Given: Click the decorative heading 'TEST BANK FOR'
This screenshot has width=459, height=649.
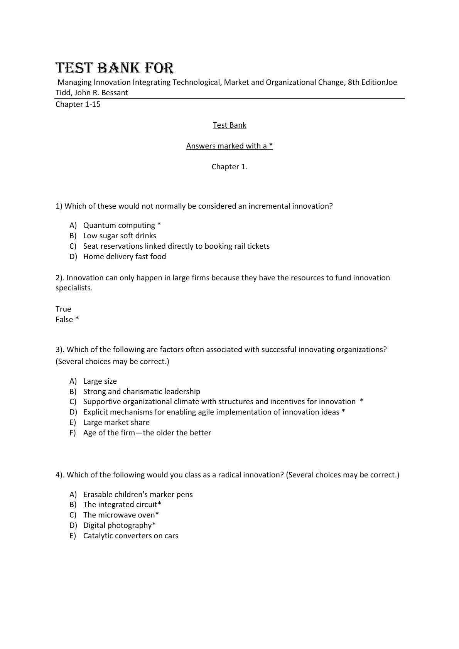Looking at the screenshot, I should pyautogui.click(x=115, y=68).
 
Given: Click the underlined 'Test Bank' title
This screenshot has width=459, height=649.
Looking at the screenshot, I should pyautogui.click(x=229, y=125).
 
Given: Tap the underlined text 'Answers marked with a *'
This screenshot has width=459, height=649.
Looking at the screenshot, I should pyautogui.click(x=229, y=146).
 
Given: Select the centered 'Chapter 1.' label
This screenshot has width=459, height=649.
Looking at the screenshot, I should pyautogui.click(x=229, y=167).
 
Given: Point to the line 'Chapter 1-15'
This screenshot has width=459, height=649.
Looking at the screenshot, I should pyautogui.click(x=78, y=104).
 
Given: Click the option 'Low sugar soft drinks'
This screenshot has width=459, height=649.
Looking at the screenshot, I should pyautogui.click(x=120, y=236).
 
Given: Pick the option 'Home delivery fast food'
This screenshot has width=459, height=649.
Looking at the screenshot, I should pyautogui.click(x=125, y=256).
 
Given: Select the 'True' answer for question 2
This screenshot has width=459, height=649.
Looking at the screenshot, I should pyautogui.click(x=63, y=309).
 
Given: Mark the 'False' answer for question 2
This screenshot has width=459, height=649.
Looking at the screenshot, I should pyautogui.click(x=64, y=319).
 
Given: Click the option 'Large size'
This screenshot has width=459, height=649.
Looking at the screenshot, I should pyautogui.click(x=100, y=381).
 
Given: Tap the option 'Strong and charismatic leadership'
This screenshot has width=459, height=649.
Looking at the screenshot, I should pyautogui.click(x=142, y=391).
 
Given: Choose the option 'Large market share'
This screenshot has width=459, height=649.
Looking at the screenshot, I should pyautogui.click(x=116, y=422).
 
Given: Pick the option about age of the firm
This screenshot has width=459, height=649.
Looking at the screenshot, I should pyautogui.click(x=147, y=433).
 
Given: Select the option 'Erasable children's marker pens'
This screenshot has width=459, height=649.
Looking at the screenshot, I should pyautogui.click(x=138, y=494).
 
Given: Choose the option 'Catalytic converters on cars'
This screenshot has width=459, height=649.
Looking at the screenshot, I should pyautogui.click(x=131, y=536).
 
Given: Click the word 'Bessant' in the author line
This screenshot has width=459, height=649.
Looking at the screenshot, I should pyautogui.click(x=115, y=93).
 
